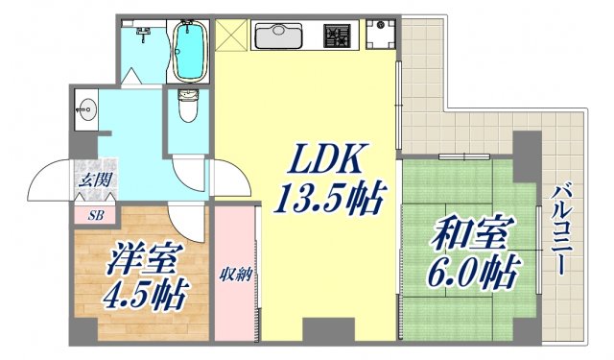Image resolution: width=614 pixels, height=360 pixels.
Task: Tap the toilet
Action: (x=186, y=108)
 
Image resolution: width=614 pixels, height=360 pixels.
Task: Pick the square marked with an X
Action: (x=230, y=36)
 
